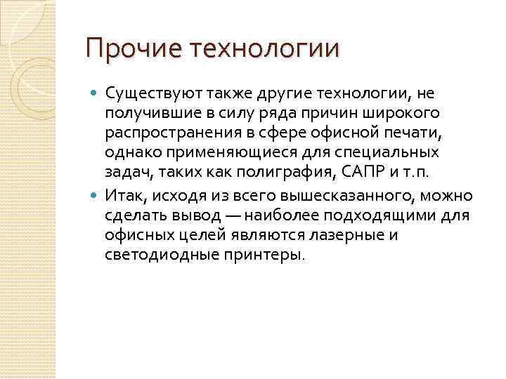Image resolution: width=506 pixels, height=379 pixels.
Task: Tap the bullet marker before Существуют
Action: (x=96, y=92)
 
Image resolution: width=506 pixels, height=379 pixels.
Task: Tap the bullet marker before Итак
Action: (x=96, y=195)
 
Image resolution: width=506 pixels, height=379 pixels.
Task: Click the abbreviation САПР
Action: (x=370, y=173)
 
